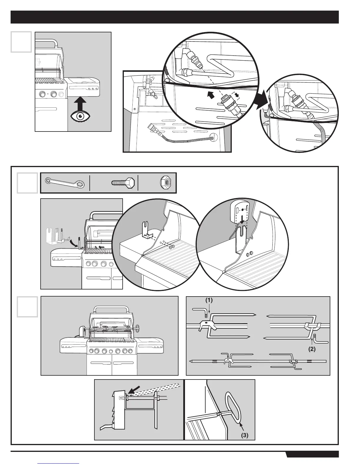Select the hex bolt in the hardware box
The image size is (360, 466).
click(123, 183)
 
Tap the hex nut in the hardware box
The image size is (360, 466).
click(166, 183)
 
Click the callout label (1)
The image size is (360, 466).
click(209, 300)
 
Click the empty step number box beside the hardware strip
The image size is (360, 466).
click(27, 183)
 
